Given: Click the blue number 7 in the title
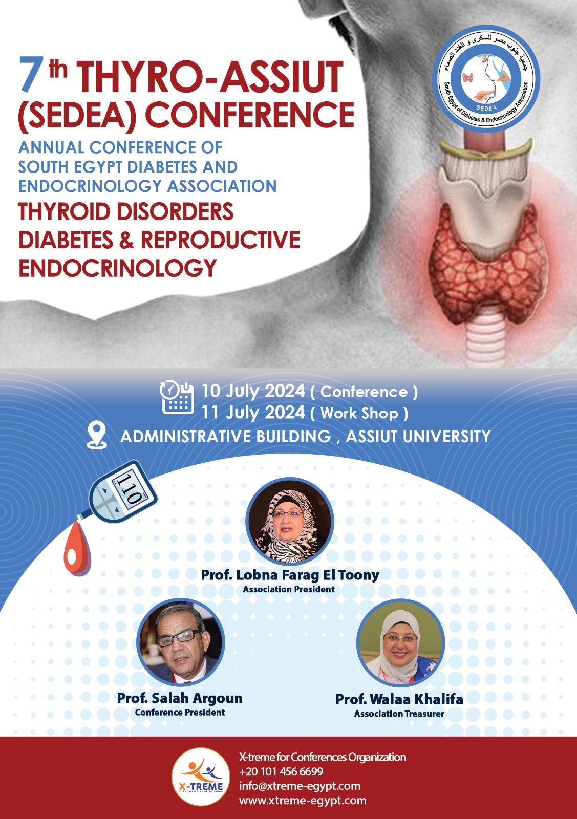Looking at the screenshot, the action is (29, 75).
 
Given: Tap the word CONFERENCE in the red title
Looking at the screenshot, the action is (250, 115).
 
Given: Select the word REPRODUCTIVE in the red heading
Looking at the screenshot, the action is (221, 240).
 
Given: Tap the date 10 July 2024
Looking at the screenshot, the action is (253, 391).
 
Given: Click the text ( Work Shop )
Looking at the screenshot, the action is (359, 413).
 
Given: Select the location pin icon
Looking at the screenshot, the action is (97, 436).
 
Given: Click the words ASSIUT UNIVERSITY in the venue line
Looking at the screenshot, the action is (418, 437).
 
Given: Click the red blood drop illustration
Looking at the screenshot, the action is (77, 548).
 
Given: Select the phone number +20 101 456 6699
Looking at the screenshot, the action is (281, 771).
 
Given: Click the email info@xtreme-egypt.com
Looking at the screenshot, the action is (300, 786).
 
